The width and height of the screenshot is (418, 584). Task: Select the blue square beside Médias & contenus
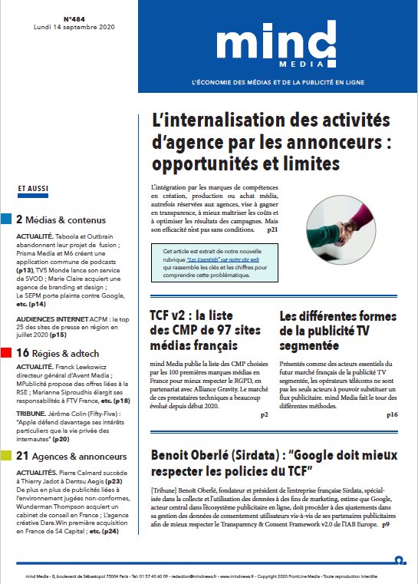coord(6,219)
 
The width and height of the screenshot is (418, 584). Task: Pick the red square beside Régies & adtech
coord(6,353)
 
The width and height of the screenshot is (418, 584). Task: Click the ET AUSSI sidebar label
coord(30,187)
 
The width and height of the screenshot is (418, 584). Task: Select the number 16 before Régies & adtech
coord(22,353)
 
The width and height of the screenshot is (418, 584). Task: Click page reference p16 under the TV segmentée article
coord(392,414)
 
